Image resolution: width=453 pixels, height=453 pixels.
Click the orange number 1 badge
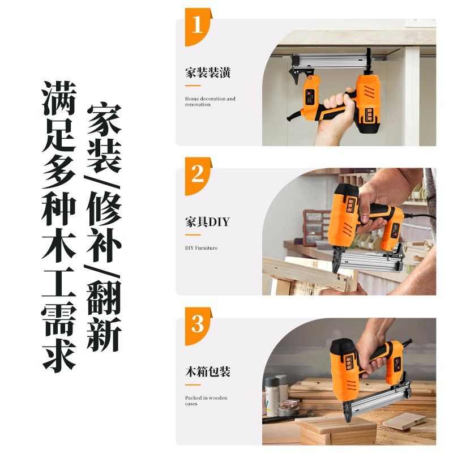tap(197, 26)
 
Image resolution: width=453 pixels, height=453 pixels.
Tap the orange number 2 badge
tap(197, 173)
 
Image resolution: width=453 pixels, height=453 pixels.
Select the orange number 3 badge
tap(197, 324)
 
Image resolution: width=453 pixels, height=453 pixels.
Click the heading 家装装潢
tap(207, 74)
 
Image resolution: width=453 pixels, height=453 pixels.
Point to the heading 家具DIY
tap(207, 221)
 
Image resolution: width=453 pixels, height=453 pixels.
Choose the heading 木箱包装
tap(207, 372)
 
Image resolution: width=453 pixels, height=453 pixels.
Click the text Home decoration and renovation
tap(210, 102)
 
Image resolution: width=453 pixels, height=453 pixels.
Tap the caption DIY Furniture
tap(201, 248)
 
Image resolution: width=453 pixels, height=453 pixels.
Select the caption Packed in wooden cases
tap(206, 401)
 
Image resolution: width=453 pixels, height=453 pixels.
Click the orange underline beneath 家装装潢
tap(193, 86)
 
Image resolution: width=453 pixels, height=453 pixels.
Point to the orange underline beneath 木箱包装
tap(193, 384)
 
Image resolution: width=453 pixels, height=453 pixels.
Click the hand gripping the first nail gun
tap(334, 113)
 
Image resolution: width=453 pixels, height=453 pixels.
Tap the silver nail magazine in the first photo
tap(328, 59)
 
